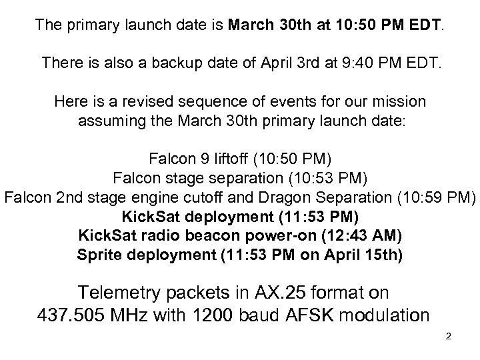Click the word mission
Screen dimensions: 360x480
pos(399,102)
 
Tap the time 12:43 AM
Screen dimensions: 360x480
pos(364,236)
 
